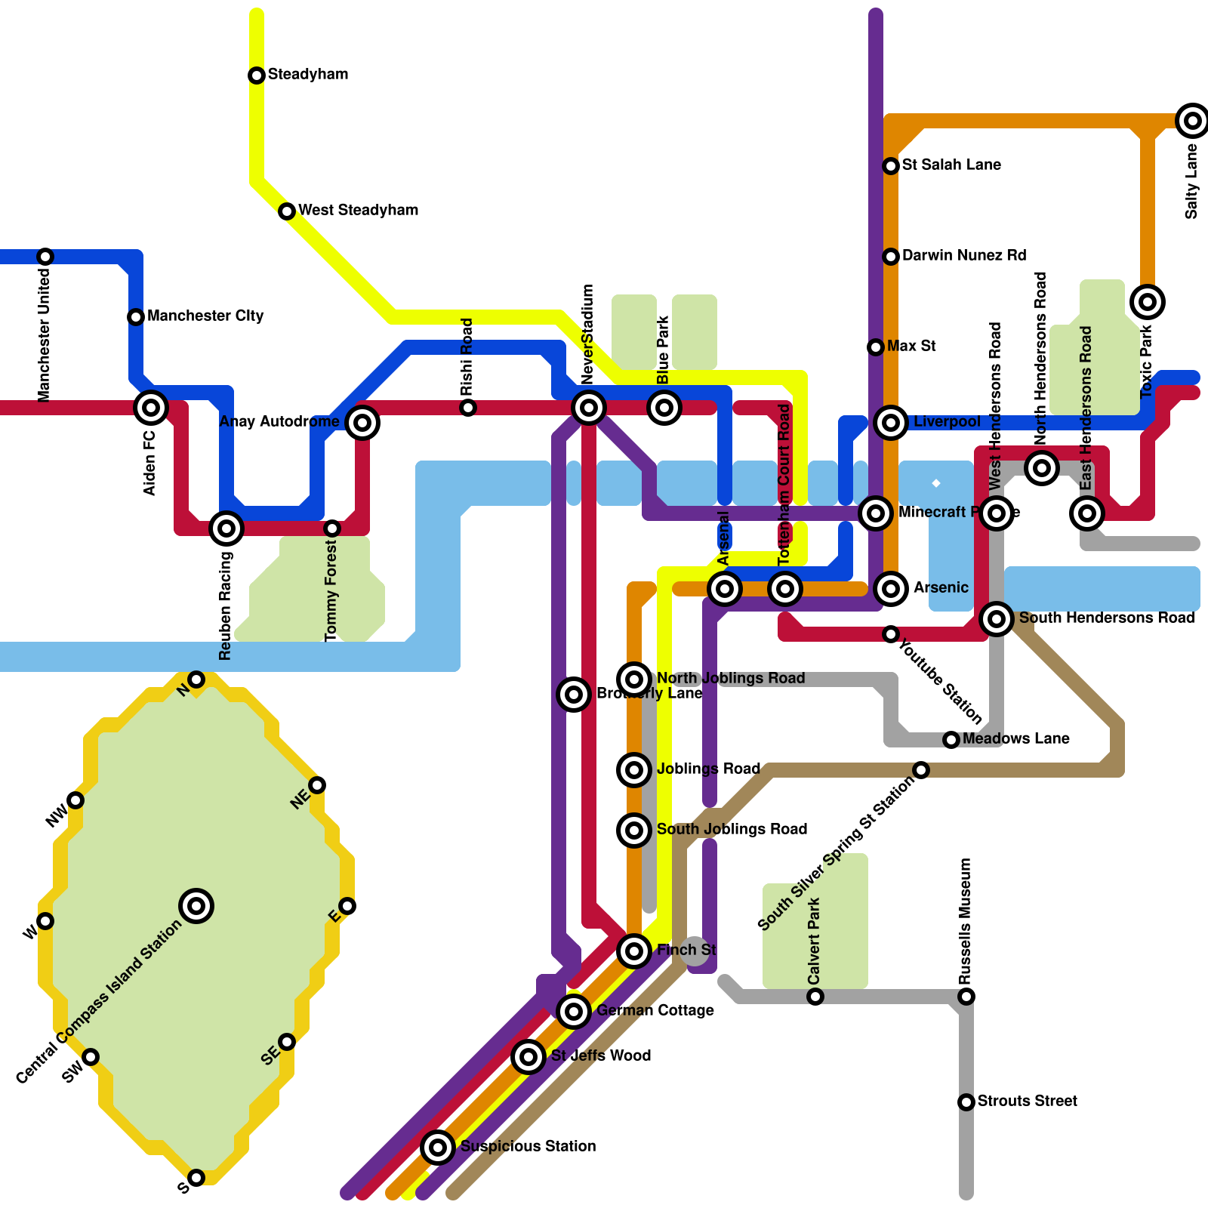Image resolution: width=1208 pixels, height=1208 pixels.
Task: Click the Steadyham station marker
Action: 257,75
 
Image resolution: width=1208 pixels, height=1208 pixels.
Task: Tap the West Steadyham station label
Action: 358,210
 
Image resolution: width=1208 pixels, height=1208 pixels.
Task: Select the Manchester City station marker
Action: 136,316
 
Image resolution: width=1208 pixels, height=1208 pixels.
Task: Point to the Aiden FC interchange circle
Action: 151,408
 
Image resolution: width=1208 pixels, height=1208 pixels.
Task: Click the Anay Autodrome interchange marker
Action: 362,422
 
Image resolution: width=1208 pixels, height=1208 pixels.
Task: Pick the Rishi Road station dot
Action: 468,408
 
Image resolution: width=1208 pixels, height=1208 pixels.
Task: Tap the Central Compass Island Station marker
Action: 196,905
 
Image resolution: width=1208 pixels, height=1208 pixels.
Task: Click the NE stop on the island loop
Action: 317,785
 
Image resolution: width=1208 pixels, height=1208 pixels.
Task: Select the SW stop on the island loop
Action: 91,1056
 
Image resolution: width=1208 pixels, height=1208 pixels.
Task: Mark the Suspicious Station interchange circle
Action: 438,1147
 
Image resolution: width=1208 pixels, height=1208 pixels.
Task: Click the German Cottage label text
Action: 655,1010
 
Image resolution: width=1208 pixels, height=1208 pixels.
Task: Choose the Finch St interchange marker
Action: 634,951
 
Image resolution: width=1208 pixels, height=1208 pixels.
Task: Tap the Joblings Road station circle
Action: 634,769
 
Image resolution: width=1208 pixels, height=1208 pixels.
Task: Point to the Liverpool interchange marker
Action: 891,422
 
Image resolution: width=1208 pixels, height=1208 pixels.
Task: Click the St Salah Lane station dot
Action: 891,165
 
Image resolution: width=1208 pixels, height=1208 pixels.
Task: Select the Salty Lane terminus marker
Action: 1192,120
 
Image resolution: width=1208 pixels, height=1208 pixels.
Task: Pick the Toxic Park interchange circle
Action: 1148,302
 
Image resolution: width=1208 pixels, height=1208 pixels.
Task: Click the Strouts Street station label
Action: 1027,1101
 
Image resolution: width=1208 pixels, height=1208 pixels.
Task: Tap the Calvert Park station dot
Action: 815,997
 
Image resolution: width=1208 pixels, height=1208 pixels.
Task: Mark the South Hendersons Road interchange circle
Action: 997,619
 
